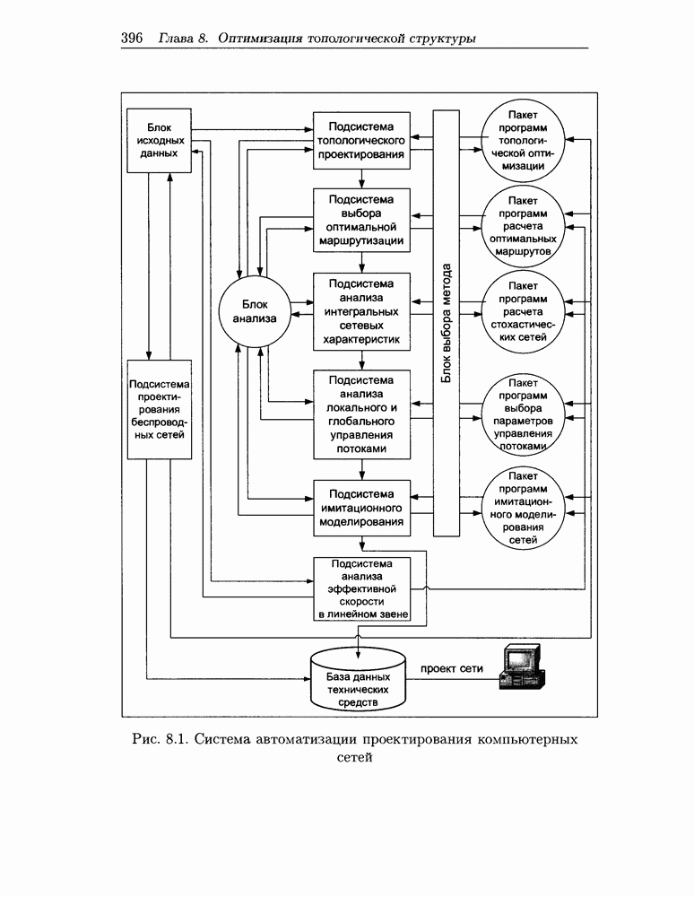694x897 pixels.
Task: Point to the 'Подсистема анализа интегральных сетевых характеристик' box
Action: (361, 311)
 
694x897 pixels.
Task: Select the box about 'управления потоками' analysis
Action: (361, 414)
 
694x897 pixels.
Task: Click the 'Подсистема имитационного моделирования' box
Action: (361, 508)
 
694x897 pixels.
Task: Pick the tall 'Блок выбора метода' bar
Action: (446, 323)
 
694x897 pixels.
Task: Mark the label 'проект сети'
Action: (446, 668)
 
